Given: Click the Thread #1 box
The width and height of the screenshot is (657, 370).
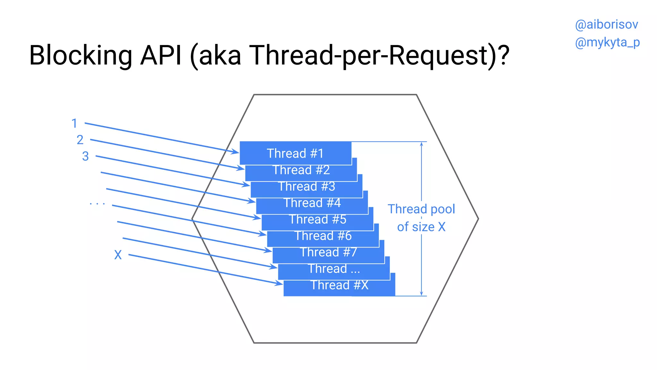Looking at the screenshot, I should coord(295,153).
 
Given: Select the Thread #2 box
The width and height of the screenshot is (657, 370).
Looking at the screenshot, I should coord(301,170).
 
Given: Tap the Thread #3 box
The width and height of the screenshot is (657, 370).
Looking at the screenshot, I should coord(306,187).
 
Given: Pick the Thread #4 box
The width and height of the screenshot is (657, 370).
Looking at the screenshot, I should coord(312,203).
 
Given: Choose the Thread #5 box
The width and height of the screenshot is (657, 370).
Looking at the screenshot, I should coord(317,220).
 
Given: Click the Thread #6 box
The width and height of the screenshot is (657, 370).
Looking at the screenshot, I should coord(323,236).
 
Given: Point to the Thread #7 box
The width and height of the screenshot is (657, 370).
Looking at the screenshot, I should coord(328,252).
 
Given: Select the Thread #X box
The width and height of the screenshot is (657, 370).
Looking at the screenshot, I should coord(339,286).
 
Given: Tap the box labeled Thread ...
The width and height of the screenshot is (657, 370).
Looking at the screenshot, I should coord(334,269).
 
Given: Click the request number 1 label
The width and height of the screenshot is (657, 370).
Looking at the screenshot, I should coord(74,123).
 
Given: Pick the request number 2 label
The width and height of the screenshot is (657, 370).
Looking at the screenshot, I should coord(80,140).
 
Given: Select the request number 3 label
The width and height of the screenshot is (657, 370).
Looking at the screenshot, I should coord(85,156).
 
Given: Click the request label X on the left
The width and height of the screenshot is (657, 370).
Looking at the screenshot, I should coord(118,255).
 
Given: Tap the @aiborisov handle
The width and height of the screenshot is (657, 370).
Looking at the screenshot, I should coord(606,25).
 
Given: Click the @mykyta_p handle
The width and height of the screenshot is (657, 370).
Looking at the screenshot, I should coord(607,42).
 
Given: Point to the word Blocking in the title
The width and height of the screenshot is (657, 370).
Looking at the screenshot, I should coord(81,55).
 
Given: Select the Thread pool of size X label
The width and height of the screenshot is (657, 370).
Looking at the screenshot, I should coord(421,218).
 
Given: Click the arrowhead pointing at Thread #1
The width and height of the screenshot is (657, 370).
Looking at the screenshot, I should coord(236,152).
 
